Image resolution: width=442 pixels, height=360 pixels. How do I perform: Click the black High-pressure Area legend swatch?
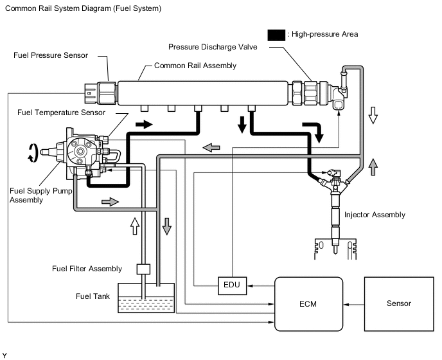pyautogui.click(x=279, y=33)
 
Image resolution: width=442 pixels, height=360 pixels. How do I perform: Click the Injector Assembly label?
pyautogui.click(x=375, y=215)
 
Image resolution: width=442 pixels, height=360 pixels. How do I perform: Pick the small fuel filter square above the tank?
pyautogui.click(x=143, y=269)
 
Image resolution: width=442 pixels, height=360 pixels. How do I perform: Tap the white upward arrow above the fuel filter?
pyautogui.click(x=135, y=225)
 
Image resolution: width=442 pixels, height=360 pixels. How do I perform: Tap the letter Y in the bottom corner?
pyautogui.click(x=4, y=355)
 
